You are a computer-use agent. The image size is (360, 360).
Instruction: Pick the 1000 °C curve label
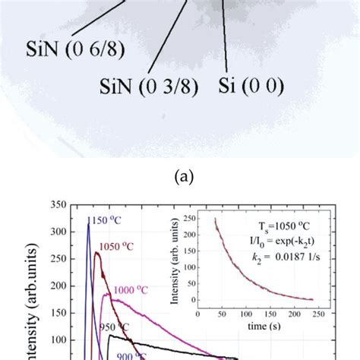(x=135, y=290)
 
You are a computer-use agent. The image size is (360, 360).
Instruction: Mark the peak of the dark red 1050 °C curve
(x=97, y=254)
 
